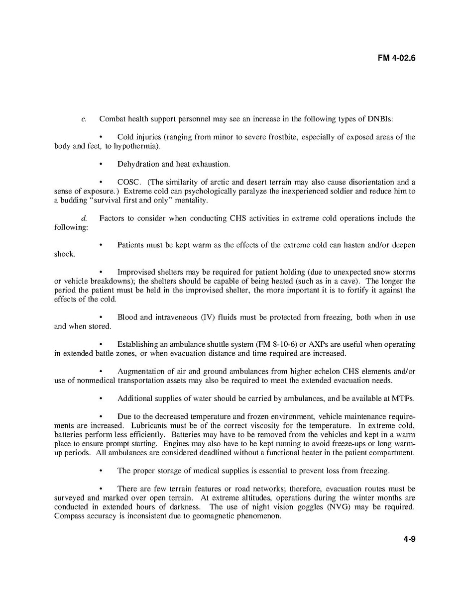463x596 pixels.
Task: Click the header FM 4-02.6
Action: [396, 58]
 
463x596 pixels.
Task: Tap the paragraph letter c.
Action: [84, 119]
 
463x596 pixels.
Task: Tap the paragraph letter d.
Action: [84, 218]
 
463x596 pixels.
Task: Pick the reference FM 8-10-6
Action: [275, 344]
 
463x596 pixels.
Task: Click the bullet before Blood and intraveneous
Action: [101, 317]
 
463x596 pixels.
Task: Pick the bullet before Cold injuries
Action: [101, 137]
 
